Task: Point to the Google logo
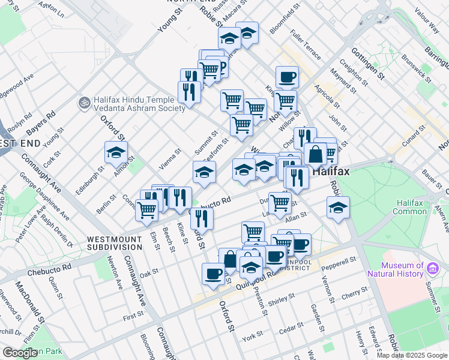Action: (20, 353)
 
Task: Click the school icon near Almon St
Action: (116, 153)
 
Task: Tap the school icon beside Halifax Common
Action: (338, 208)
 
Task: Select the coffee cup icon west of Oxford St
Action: (213, 274)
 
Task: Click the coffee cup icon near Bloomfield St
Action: (287, 77)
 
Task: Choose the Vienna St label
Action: (169, 160)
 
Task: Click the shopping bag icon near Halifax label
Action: (315, 154)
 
